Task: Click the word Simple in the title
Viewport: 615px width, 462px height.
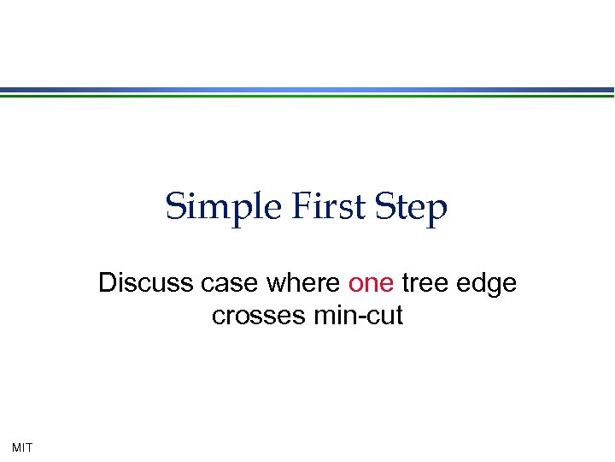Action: tap(208, 207)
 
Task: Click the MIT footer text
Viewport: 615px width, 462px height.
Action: tap(22, 447)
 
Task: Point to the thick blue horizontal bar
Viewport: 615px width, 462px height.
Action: tap(307, 89)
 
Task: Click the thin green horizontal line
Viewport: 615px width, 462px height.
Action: tap(307, 96)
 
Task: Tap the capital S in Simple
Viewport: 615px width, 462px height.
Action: tap(175, 206)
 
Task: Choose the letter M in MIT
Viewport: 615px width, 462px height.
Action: tap(17, 447)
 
